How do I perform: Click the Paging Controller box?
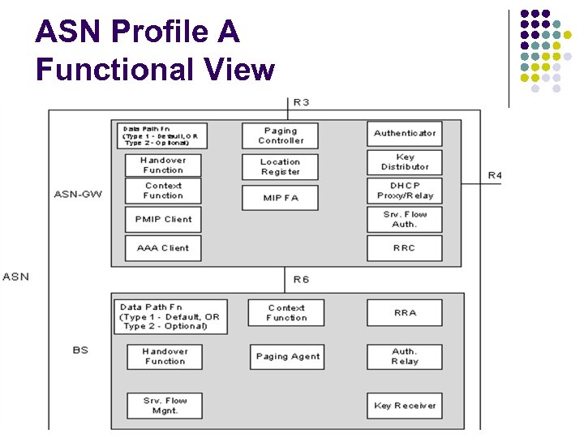coord(281,135)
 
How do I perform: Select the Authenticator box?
coord(405,133)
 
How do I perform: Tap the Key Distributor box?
coord(405,162)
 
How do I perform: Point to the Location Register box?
coord(281,167)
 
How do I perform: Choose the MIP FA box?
coord(281,198)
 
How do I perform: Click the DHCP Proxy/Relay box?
coord(405,191)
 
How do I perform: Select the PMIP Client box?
coord(163,219)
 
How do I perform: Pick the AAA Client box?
coord(163,248)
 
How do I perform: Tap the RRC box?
coord(405,248)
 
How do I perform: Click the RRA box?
coord(405,313)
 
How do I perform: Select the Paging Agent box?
coord(287,357)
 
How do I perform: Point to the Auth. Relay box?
coord(405,357)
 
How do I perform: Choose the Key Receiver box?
coord(405,406)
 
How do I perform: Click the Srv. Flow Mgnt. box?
coord(165,406)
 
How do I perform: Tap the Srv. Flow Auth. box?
coord(405,219)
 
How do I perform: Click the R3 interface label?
coord(301,102)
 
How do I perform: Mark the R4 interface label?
coord(495,175)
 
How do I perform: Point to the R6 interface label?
coord(301,280)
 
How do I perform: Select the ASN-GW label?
coord(78,195)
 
